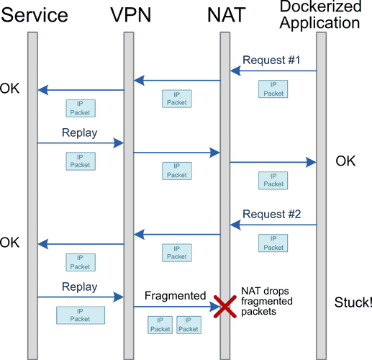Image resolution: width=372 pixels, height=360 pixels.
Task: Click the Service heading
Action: pos(35,14)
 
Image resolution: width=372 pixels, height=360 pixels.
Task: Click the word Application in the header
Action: pos(319,23)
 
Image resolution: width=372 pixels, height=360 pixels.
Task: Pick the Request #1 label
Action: pos(271,60)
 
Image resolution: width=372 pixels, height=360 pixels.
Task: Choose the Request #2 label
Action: pos(271,214)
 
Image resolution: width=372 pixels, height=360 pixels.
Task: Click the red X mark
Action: pos(225,307)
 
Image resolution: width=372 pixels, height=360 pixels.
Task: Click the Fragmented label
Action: pos(176,295)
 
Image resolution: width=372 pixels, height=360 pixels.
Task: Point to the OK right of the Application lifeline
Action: pos(345,161)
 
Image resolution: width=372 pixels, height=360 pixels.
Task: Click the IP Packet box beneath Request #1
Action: pos(273,89)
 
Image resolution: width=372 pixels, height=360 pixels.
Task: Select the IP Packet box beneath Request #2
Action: pos(273,243)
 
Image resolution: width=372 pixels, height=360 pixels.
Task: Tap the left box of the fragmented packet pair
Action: pos(160,325)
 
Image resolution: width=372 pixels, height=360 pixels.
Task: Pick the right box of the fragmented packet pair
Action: pos(189,325)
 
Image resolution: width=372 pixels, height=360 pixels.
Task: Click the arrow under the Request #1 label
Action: pos(273,71)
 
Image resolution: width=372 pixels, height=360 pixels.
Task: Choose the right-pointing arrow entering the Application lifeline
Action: pos(273,162)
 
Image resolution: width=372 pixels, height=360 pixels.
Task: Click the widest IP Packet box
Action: pos(81,315)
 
